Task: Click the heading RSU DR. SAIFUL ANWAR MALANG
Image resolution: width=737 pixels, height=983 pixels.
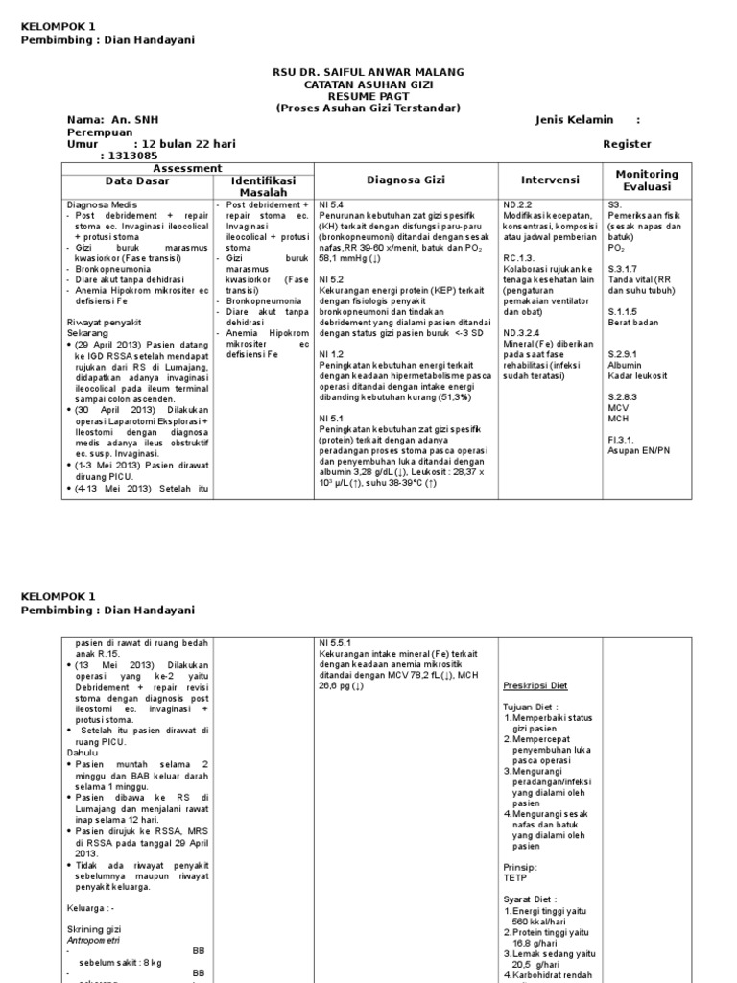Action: click(369, 72)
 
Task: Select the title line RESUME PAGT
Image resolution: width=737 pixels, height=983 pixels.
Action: click(369, 96)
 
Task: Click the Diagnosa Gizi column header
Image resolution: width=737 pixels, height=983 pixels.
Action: click(405, 180)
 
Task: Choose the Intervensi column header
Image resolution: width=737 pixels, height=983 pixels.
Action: click(550, 180)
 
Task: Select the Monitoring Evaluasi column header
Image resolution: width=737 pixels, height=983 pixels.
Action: click(646, 180)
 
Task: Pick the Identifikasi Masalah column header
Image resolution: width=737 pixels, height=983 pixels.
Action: click(263, 185)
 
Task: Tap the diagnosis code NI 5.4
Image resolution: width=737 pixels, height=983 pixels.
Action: click(331, 205)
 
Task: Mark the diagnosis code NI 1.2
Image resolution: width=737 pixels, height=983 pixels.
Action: click(331, 354)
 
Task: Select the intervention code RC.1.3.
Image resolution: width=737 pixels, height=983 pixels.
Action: click(520, 258)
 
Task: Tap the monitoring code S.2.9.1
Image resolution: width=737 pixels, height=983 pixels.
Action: click(625, 354)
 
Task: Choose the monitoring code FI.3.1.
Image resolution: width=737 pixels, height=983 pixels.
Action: click(622, 440)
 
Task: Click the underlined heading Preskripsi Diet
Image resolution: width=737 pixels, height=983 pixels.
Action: click(535, 686)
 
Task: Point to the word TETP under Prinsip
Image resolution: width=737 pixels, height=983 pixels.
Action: click(516, 877)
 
